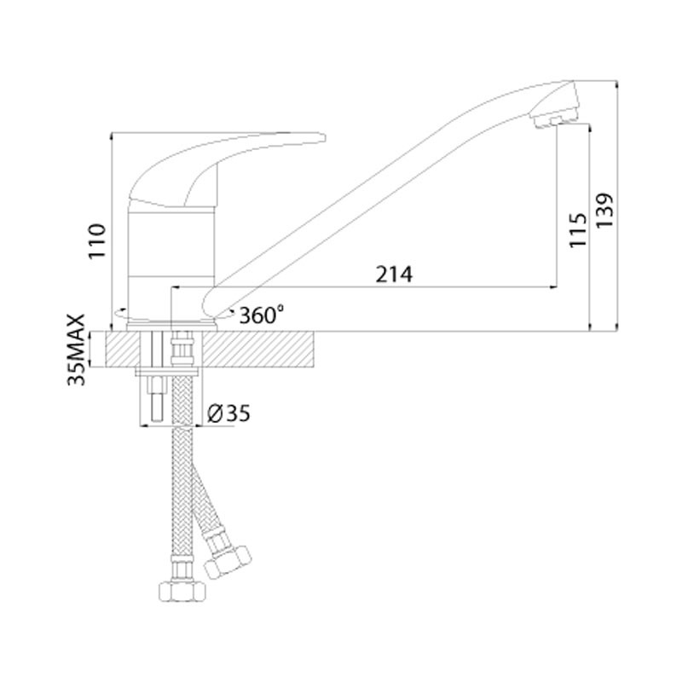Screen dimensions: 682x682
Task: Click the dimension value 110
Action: [x=97, y=241]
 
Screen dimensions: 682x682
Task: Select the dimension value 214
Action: [x=394, y=275]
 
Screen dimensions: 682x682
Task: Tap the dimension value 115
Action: [x=579, y=230]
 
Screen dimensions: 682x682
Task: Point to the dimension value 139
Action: [x=604, y=210]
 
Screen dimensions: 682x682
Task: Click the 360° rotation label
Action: [x=262, y=315]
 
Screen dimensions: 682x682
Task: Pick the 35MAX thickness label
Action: [x=76, y=350]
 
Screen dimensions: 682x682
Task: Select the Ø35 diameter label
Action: [x=228, y=413]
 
